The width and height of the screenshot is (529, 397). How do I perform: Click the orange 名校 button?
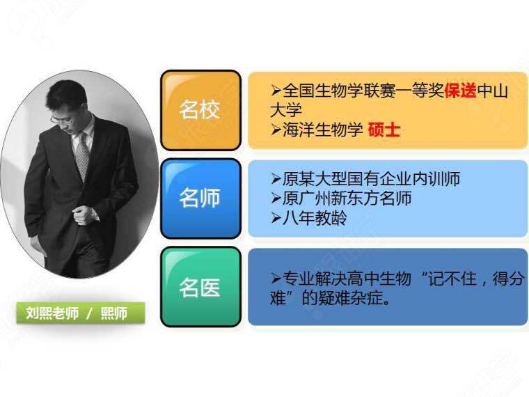click(x=200, y=110)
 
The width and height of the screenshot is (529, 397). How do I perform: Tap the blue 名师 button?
click(x=200, y=198)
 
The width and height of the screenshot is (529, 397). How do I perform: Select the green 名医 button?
click(x=200, y=287)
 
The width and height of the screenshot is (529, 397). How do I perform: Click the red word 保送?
click(x=461, y=91)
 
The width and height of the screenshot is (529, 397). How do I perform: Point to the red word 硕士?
click(x=384, y=130)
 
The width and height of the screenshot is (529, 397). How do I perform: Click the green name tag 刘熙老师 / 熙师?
click(x=81, y=313)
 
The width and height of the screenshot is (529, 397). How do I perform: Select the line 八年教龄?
click(x=308, y=218)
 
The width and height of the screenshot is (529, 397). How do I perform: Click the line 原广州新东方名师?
click(x=341, y=198)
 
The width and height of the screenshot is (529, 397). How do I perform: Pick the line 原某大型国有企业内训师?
click(x=365, y=178)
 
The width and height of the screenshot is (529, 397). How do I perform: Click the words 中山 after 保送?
click(x=493, y=91)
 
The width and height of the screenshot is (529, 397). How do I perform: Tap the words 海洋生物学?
click(x=322, y=130)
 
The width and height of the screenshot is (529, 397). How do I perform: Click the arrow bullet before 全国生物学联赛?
click(x=276, y=91)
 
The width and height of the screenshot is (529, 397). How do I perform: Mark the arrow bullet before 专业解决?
click(x=276, y=278)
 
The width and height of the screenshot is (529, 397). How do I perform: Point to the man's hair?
click(x=66, y=95)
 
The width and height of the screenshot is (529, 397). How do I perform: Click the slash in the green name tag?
click(x=89, y=313)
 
